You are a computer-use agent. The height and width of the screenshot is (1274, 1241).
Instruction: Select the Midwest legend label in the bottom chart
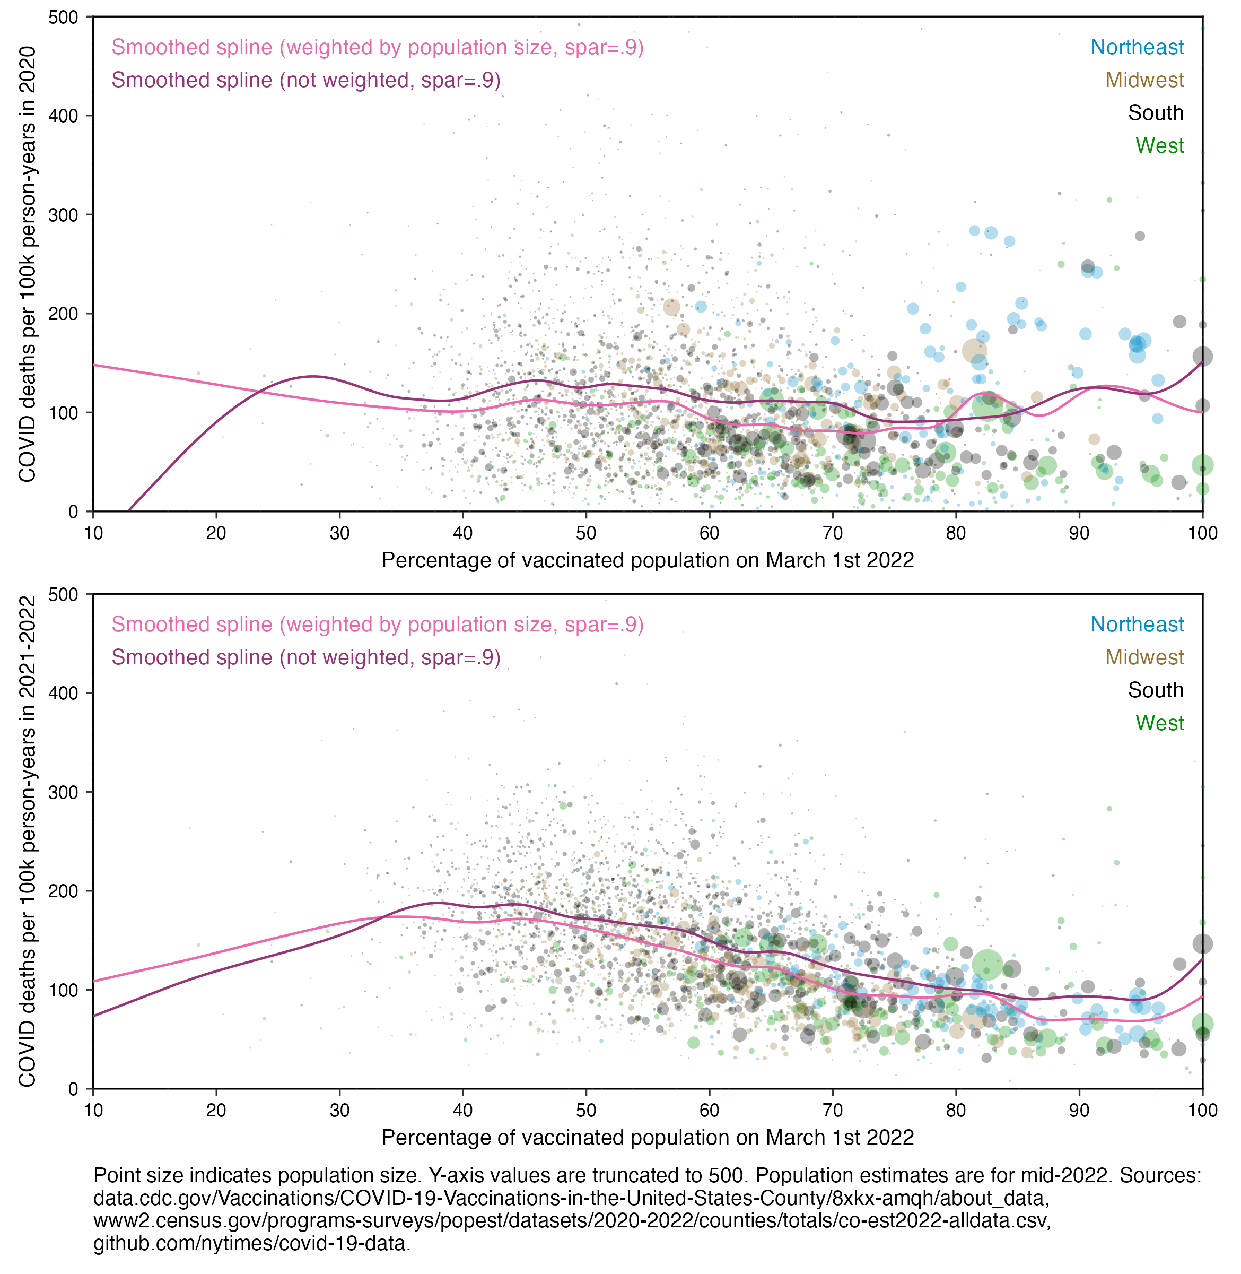[1144, 657]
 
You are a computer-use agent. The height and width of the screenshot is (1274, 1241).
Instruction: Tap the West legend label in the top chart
[1159, 145]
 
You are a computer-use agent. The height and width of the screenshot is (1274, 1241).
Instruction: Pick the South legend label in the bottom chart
[1155, 690]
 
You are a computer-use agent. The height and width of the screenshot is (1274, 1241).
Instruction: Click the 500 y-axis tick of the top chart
[63, 18]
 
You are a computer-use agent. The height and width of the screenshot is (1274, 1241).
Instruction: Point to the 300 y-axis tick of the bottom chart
[63, 792]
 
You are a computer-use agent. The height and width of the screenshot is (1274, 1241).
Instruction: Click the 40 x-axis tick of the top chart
[463, 533]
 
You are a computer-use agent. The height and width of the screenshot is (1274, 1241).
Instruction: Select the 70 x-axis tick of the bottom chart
[832, 1111]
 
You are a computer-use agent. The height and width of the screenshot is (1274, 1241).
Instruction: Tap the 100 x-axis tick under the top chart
[1202, 533]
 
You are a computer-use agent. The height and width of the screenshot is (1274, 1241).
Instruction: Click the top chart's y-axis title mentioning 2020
[28, 264]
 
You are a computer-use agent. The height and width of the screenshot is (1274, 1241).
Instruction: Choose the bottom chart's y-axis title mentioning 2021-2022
[28, 841]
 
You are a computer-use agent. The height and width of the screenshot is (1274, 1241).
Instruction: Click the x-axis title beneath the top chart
[647, 561]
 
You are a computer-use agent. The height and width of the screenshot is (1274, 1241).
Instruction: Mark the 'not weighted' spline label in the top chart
[305, 80]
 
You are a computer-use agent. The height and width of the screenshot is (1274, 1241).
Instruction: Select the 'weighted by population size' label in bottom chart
[378, 625]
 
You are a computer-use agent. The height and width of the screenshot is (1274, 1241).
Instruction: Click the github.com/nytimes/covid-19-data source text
[251, 1243]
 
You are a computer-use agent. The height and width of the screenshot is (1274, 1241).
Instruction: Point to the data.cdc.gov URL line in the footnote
[571, 1198]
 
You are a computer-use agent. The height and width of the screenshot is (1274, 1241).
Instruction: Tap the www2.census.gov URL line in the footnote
[572, 1220]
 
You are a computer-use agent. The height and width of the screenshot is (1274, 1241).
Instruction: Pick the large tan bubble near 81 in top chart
[974, 351]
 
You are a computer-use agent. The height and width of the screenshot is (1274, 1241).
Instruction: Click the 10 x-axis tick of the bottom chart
[93, 1111]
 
